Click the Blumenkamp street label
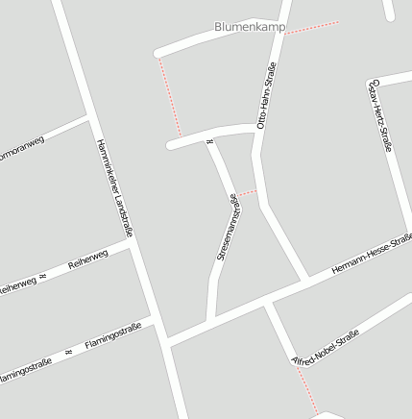[x=249, y=28]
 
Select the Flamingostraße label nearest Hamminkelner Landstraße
[x=113, y=336]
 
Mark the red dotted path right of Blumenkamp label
[x=312, y=27]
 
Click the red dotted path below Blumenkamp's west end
[x=169, y=96]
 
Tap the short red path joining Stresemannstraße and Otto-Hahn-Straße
[x=249, y=194]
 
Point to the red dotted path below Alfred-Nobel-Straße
[x=306, y=390]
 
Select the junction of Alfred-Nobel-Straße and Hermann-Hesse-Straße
[x=267, y=301]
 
